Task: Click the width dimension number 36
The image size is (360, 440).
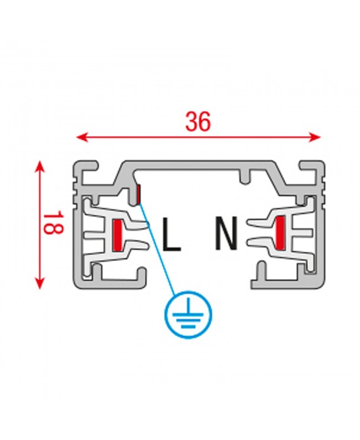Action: pyautogui.click(x=198, y=122)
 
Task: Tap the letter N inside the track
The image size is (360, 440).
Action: pyautogui.click(x=226, y=233)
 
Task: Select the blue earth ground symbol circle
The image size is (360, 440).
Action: pyautogui.click(x=188, y=314)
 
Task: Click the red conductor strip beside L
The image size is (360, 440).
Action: pyautogui.click(x=117, y=234)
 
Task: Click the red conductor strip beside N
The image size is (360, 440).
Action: pyautogui.click(x=280, y=233)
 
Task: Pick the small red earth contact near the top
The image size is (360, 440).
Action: pyautogui.click(x=139, y=194)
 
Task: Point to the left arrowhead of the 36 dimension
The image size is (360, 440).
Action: pyautogui.click(x=82, y=137)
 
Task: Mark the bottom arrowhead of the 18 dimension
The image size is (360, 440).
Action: pyautogui.click(x=40, y=283)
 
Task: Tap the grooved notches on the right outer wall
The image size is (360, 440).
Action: pyautogui.click(x=322, y=193)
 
